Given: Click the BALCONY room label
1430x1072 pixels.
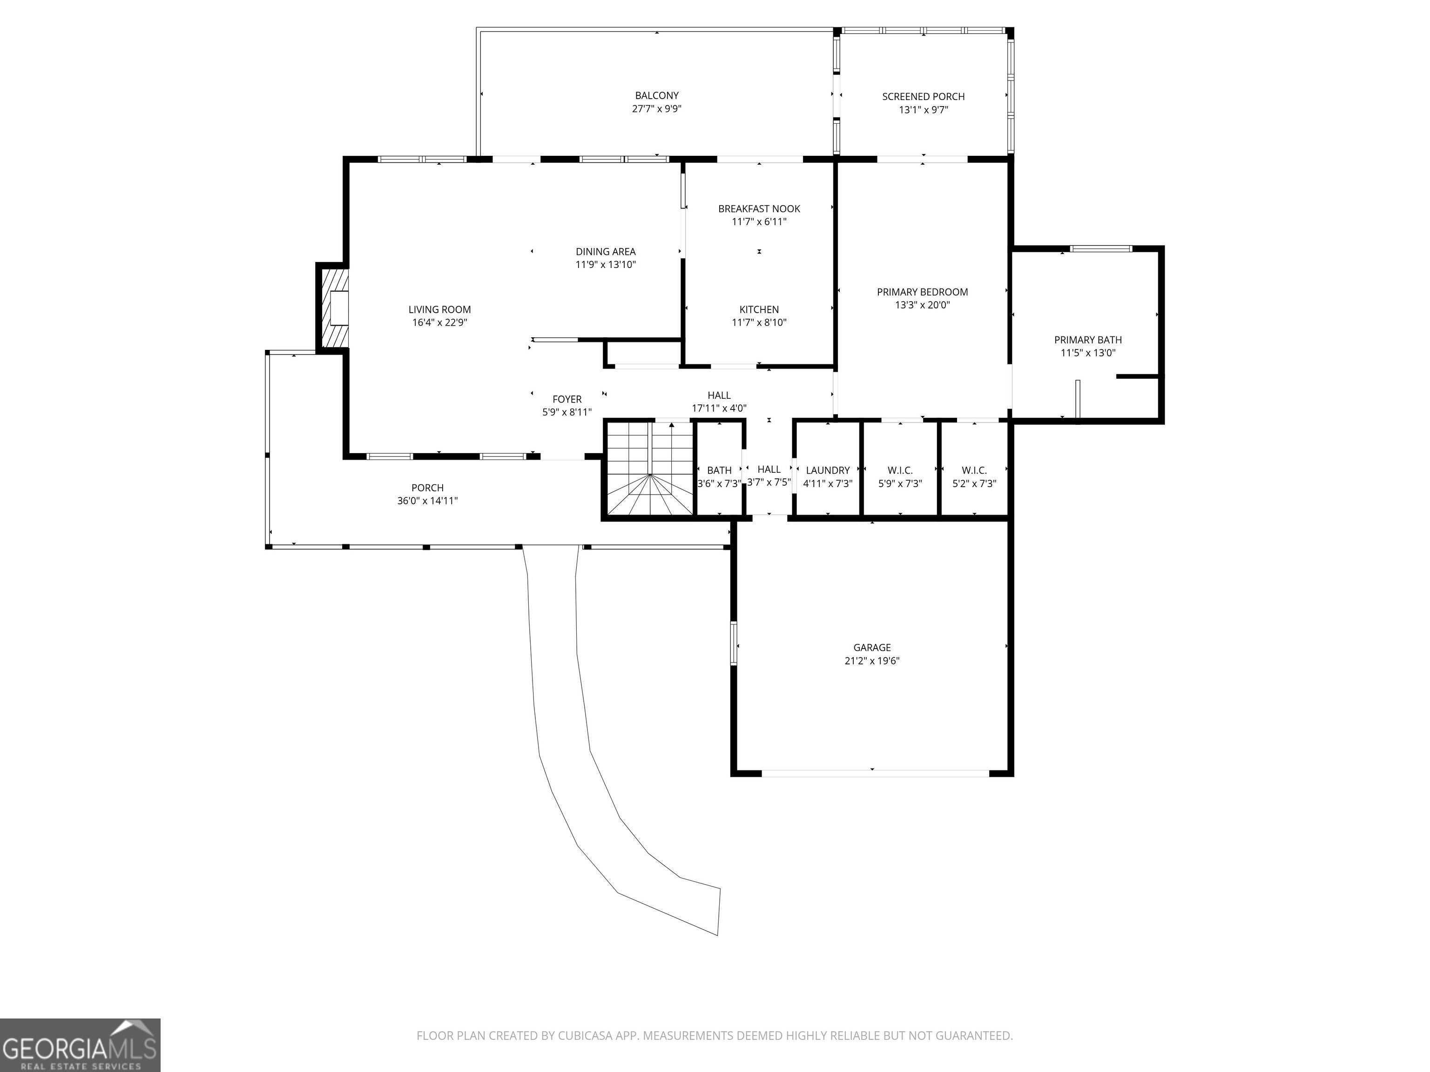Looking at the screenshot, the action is [x=657, y=96].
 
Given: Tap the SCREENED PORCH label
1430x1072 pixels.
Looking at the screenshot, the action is [x=923, y=97].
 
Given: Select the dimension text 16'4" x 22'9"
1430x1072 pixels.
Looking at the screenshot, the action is [x=439, y=322].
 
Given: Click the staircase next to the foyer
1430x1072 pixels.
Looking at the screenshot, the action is [x=649, y=469].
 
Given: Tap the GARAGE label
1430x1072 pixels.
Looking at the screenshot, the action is [x=872, y=648].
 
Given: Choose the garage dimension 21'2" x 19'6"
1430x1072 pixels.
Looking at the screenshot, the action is [x=872, y=660].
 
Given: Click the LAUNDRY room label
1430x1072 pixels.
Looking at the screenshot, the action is [x=828, y=470].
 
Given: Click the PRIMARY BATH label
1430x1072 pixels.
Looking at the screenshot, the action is [x=1088, y=340].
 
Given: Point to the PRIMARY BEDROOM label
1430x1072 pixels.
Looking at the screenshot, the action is [x=923, y=292].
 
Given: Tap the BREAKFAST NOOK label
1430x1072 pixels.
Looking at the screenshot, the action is [x=759, y=209].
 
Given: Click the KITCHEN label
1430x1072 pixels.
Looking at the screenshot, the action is [x=759, y=309].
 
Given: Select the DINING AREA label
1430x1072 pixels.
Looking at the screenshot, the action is [x=606, y=251].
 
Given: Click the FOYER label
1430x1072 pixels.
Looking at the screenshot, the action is [x=567, y=399].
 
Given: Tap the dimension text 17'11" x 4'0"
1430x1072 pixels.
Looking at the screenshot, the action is [x=719, y=409].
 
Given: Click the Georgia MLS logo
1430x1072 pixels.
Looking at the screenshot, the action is [x=80, y=1045].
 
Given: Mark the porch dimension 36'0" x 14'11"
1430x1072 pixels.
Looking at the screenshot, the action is [x=427, y=501].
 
